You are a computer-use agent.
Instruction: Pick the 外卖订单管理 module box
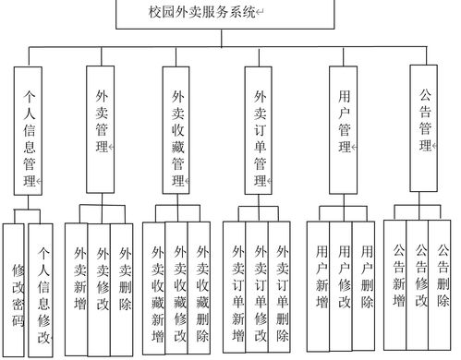(262, 130)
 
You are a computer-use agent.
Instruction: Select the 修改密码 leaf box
(17, 290)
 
